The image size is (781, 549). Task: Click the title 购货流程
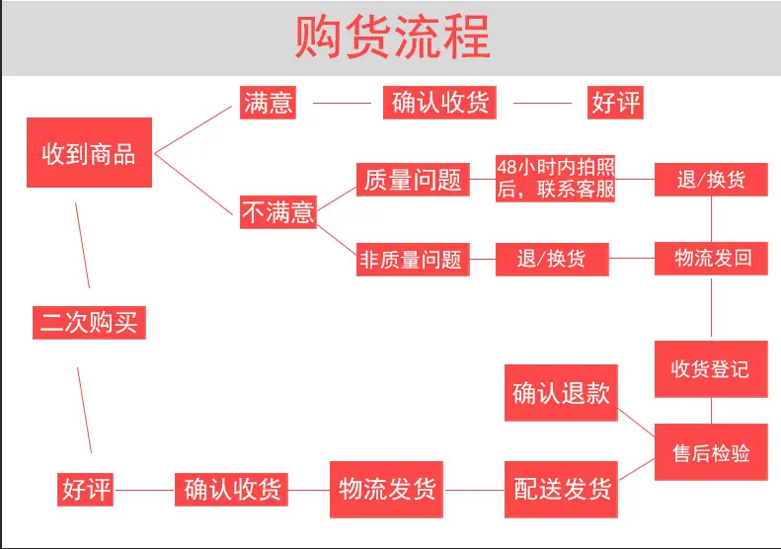(393, 37)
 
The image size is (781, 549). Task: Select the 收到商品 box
(89, 152)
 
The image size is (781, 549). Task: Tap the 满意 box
(268, 103)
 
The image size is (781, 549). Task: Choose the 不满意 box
(278, 212)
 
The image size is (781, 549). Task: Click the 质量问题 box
(413, 180)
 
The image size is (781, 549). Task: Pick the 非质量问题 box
(413, 260)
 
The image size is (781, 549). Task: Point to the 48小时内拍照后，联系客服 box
(555, 179)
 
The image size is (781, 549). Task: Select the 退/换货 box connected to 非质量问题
(552, 259)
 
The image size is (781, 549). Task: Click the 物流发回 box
(711, 259)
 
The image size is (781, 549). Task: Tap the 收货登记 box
(711, 369)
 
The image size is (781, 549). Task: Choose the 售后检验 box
(711, 452)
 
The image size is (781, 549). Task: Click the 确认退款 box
(562, 393)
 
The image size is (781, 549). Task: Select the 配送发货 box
(562, 489)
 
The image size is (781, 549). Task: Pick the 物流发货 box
(386, 489)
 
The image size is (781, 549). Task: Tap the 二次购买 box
(89, 323)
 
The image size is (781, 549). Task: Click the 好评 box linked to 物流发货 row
(85, 490)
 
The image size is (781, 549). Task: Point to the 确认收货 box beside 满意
(439, 103)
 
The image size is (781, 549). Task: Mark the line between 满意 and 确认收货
(343, 103)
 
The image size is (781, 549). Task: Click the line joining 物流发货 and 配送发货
(474, 490)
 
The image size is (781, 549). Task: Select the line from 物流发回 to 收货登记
(711, 307)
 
